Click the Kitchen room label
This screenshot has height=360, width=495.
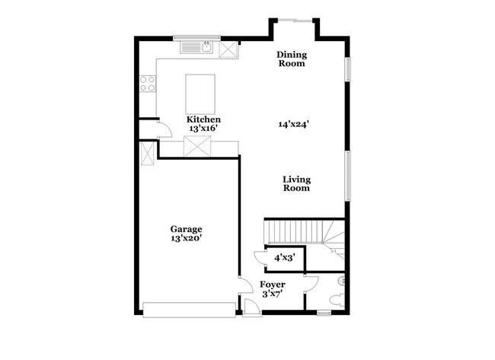tap(204, 119)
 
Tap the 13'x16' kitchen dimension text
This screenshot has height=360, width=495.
tap(204, 129)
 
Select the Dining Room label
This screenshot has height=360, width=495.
tap(290, 59)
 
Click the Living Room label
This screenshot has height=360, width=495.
tap(296, 183)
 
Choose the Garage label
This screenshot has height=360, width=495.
tap(186, 228)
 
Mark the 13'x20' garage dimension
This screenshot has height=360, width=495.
tap(186, 237)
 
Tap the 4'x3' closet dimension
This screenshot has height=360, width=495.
tap(286, 257)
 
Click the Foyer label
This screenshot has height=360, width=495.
tap(273, 284)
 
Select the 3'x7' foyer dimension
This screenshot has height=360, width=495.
tap(273, 293)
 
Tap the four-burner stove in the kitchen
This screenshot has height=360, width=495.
tap(148, 83)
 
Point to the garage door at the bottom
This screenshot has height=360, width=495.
tap(190, 309)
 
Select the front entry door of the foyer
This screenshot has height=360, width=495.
tap(250, 308)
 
